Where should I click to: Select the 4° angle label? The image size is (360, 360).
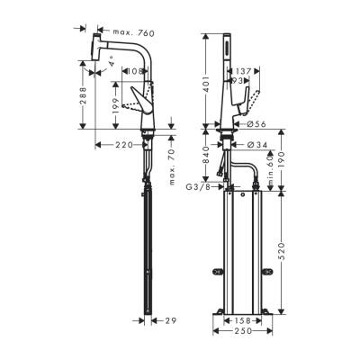112,63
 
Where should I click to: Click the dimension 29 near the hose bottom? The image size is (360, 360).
170,320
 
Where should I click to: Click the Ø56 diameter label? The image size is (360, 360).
256,126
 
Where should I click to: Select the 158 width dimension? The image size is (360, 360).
243,319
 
